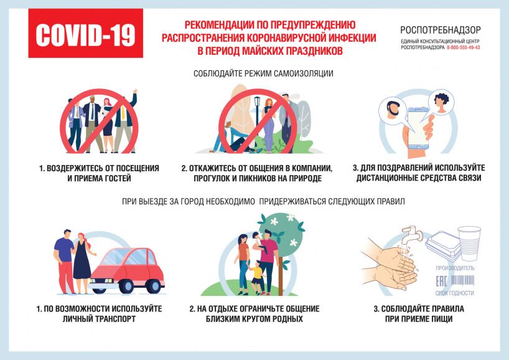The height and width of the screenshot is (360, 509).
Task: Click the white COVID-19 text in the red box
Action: (x=85, y=35)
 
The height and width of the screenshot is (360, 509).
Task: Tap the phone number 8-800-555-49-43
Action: (x=463, y=47)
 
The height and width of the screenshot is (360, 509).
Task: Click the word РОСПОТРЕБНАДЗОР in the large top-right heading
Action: (x=440, y=31)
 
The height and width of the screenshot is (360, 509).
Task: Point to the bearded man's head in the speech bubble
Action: (x=393, y=108)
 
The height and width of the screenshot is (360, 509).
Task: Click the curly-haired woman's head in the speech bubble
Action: (x=441, y=101)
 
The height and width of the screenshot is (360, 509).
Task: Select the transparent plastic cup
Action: (x=469, y=243)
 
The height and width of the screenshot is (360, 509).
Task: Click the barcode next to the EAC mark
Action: (x=462, y=280)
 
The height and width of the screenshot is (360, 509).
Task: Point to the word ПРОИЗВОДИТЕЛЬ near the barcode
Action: (x=455, y=268)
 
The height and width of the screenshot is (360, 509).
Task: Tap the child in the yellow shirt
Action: (x=257, y=277)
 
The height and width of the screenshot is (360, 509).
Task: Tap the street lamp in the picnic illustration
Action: (x=258, y=110)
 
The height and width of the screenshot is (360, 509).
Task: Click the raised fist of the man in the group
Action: (x=135, y=92)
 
